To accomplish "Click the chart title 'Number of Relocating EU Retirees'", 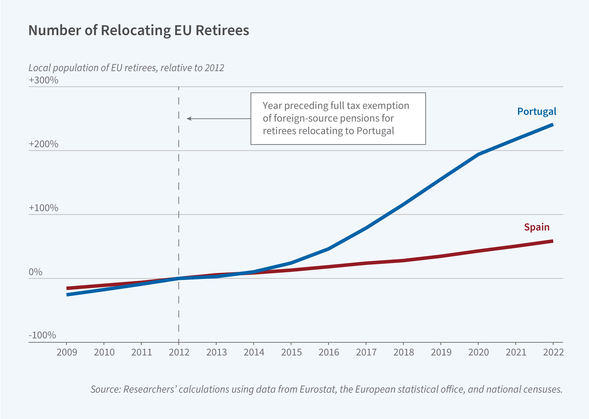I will click(139, 30).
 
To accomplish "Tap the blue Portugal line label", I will click(537, 111).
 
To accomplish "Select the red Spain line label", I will click(537, 227).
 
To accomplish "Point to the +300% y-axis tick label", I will click(43, 80).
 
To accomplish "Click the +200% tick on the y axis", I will click(43, 144).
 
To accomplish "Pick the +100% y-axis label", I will click(43, 208).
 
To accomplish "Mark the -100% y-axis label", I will click(42, 335).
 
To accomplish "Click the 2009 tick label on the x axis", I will click(67, 352).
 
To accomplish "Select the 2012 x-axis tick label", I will click(179, 352).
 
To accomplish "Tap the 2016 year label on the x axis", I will click(328, 352).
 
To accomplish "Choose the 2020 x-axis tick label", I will click(478, 352).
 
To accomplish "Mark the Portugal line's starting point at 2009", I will click(67, 295).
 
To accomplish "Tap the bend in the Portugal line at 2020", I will click(478, 155).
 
